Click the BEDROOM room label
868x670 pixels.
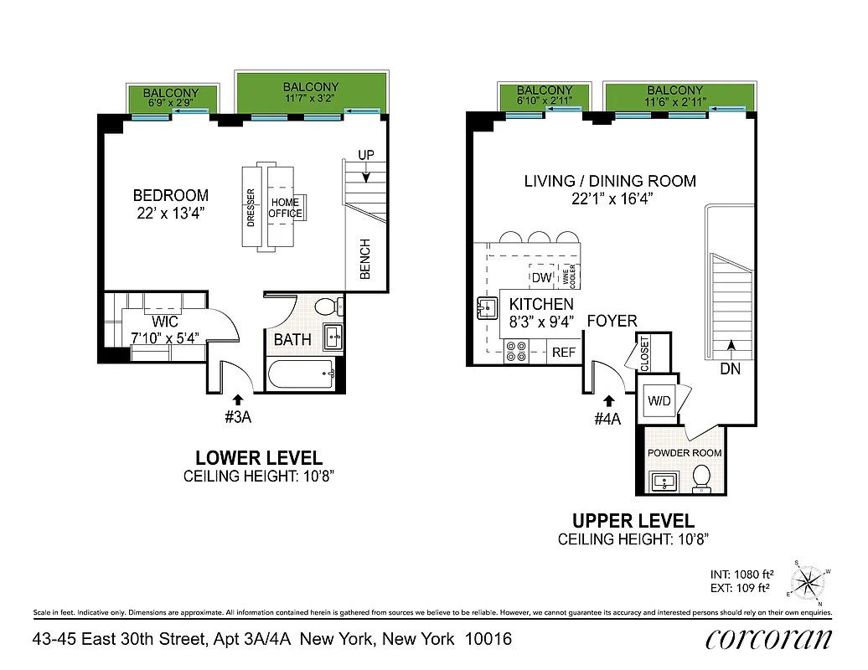coord(170,195)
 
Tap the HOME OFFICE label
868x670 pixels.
coord(285,208)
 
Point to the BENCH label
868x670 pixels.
coord(364,260)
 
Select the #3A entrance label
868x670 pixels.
coord(238,416)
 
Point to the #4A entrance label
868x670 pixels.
coord(607,419)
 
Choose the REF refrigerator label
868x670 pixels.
coord(564,353)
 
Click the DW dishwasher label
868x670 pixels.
coord(540,277)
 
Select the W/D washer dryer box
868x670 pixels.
coord(659,401)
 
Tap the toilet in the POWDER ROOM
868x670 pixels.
coord(702,478)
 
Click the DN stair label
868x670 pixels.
coord(731,368)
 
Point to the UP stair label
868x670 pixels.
coord(365,156)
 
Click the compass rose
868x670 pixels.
coord(809,581)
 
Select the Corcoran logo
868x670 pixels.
coord(768,639)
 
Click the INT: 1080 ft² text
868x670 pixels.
coord(741,574)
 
